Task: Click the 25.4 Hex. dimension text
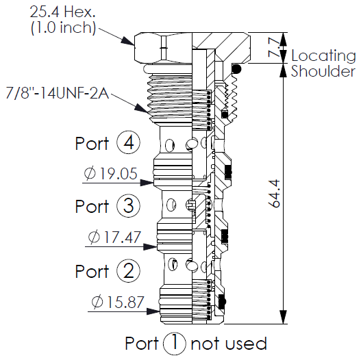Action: point(62,12)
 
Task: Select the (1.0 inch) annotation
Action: point(63,27)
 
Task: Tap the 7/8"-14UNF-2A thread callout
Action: point(58,94)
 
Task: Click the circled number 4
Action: point(129,143)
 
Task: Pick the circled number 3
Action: point(129,205)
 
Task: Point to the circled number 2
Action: point(129,270)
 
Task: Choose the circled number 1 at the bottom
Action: point(175,344)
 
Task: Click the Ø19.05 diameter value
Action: point(110,173)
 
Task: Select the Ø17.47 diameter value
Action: point(114,237)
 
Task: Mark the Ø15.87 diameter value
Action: point(118,302)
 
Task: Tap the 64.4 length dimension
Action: point(274,194)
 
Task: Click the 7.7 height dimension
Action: point(274,48)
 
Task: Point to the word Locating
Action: point(323,55)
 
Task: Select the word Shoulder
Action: point(323,71)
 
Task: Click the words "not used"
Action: point(229,344)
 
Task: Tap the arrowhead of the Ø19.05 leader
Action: point(147,183)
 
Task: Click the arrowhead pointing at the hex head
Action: point(127,41)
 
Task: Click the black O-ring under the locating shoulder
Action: point(237,68)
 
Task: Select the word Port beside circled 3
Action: point(92,206)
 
